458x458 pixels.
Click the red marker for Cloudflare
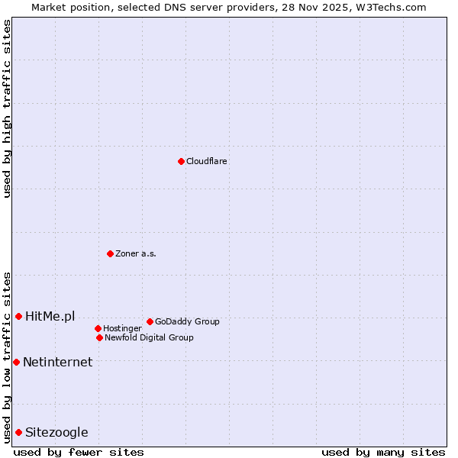point(181,161)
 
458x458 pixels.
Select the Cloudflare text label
point(207,161)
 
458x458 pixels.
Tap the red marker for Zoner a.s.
point(110,253)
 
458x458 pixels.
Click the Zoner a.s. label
point(136,253)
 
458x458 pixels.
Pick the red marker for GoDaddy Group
point(150,321)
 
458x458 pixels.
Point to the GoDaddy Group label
point(187,321)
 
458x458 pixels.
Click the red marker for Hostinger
point(98,328)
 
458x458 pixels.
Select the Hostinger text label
point(122,328)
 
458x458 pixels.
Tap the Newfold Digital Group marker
point(99,337)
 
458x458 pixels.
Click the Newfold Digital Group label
point(149,337)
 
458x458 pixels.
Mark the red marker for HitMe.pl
point(18,316)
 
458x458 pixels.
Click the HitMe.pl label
point(50,316)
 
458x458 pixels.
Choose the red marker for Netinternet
point(16,362)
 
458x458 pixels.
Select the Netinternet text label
point(57,362)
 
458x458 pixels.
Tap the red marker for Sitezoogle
point(18,432)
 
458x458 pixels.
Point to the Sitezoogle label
point(56,432)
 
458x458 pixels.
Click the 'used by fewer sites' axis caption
point(79,452)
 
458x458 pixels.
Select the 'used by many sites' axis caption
point(383,452)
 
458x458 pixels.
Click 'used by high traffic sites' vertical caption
point(7,108)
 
